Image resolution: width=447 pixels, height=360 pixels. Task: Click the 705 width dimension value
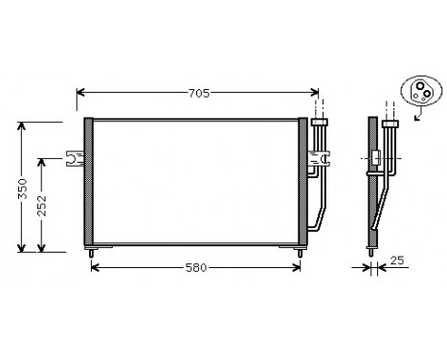coord(198,93)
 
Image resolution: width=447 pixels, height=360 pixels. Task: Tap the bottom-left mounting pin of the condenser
coord(92,253)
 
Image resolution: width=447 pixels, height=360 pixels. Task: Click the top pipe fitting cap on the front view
coord(320,124)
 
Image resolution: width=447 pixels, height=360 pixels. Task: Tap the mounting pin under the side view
coord(372,253)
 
